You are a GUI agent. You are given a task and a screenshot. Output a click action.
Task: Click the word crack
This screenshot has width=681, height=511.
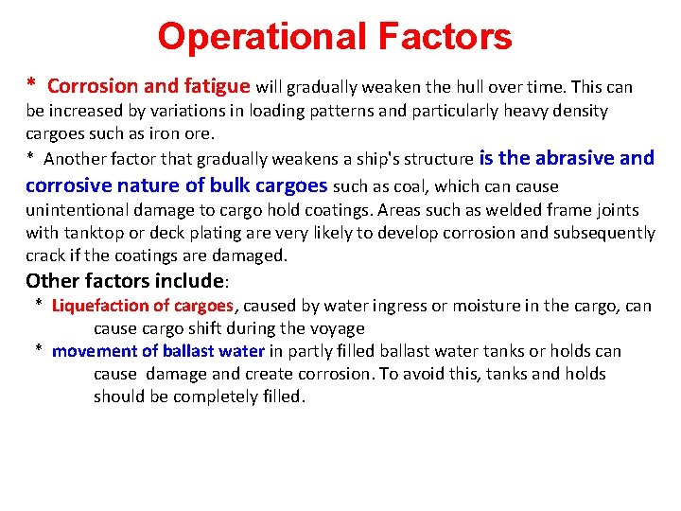tap(45, 255)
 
